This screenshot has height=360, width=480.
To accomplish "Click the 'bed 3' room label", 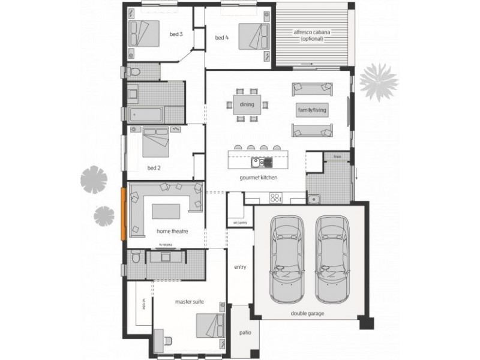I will pyautogui.click(x=176, y=34).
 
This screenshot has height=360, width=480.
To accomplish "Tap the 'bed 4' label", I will pyautogui.click(x=222, y=38).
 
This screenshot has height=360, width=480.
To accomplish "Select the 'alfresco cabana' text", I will pyautogui.click(x=312, y=35).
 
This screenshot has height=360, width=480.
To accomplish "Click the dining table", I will pyautogui.click(x=247, y=105).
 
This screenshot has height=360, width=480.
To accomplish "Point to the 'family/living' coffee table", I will pyautogui.click(x=310, y=111).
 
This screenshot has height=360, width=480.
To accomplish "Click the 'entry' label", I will pyautogui.click(x=240, y=267).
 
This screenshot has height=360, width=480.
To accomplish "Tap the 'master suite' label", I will pyautogui.click(x=190, y=302).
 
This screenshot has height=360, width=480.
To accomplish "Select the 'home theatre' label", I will pyautogui.click(x=170, y=230).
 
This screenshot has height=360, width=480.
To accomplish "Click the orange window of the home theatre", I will pyautogui.click(x=123, y=214).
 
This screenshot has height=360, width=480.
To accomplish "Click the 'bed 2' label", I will pyautogui.click(x=154, y=168).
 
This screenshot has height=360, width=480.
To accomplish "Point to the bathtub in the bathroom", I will pyautogui.click(x=145, y=114).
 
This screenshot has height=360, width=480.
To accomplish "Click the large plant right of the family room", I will pyautogui.click(x=379, y=81).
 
